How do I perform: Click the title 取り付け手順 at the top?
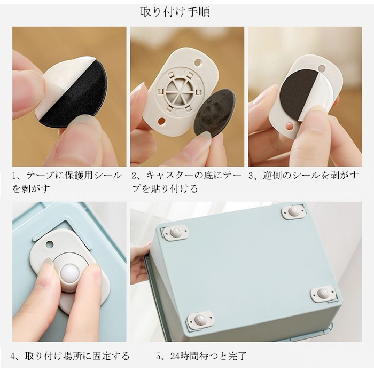[175, 12]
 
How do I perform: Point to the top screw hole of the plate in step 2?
[198, 63]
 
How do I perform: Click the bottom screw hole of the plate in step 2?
[162, 121]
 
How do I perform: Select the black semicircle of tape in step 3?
[299, 97]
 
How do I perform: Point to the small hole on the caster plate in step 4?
[50, 244]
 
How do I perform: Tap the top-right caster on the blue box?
[293, 212]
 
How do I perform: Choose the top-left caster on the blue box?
[176, 231]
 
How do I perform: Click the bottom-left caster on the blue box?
[199, 319]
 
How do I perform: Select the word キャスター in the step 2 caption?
[167, 176]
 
